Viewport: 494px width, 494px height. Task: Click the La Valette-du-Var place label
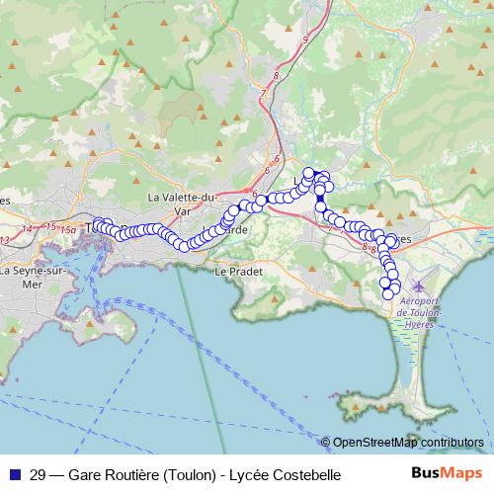(181, 204)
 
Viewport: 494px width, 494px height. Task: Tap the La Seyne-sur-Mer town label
(33, 276)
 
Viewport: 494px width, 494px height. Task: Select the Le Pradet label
(235, 270)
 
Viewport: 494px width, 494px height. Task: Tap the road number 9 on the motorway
(306, 39)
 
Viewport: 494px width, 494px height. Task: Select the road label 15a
(67, 230)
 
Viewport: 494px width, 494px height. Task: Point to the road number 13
(5, 239)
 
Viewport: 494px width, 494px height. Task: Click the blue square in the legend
(14, 474)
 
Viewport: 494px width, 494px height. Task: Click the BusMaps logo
(448, 474)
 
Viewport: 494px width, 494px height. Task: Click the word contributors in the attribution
(450, 443)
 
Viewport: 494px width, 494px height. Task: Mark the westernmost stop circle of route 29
(97, 225)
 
